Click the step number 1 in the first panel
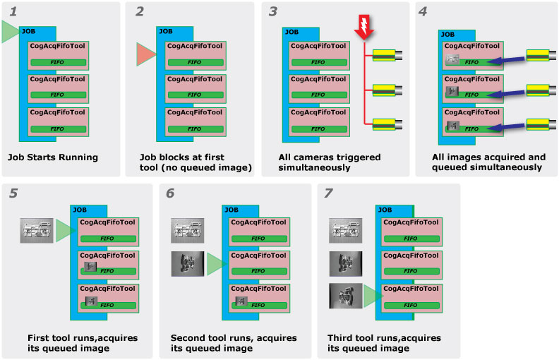(x=12, y=12)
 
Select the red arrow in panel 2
(x=145, y=54)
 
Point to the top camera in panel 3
(x=388, y=54)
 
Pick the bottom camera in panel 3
(x=388, y=124)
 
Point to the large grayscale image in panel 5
(x=37, y=230)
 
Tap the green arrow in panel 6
(x=215, y=263)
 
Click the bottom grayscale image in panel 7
(x=346, y=296)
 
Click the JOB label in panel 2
(x=165, y=31)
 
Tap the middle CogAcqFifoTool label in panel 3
(x=318, y=79)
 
